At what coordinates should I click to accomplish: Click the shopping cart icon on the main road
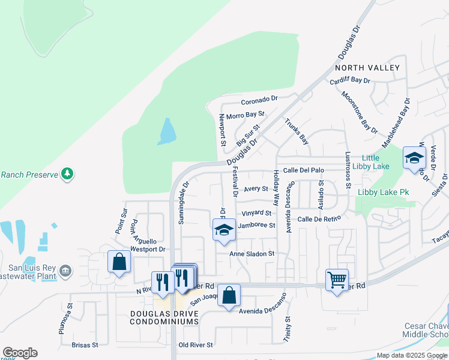click(337, 279)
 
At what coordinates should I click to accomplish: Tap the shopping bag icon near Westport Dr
click(119, 262)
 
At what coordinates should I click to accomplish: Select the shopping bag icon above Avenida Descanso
click(229, 295)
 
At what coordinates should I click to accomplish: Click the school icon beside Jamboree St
click(224, 230)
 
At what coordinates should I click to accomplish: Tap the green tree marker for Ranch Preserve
click(67, 174)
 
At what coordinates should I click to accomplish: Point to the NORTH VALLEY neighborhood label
click(365, 68)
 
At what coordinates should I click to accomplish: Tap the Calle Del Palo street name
click(304, 170)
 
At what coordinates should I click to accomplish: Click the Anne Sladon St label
click(252, 254)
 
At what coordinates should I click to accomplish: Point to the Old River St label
click(196, 345)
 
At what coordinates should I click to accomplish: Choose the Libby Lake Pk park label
click(383, 193)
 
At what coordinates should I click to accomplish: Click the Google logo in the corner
click(20, 353)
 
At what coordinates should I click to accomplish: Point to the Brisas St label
click(85, 345)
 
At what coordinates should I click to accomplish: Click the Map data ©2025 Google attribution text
click(412, 355)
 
